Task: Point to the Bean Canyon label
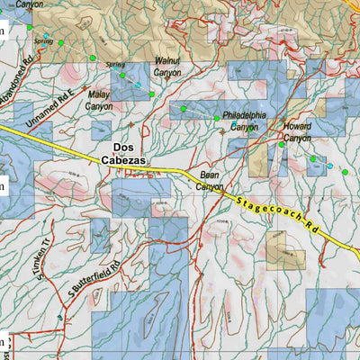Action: [x=209, y=181]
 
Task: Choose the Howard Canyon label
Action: [x=297, y=131]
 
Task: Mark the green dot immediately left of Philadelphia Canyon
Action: [x=216, y=118]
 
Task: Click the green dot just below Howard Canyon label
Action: [x=282, y=144]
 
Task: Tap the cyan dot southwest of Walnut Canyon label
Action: [x=139, y=85]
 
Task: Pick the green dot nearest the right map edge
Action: [x=345, y=172]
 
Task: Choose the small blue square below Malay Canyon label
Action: [x=100, y=130]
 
